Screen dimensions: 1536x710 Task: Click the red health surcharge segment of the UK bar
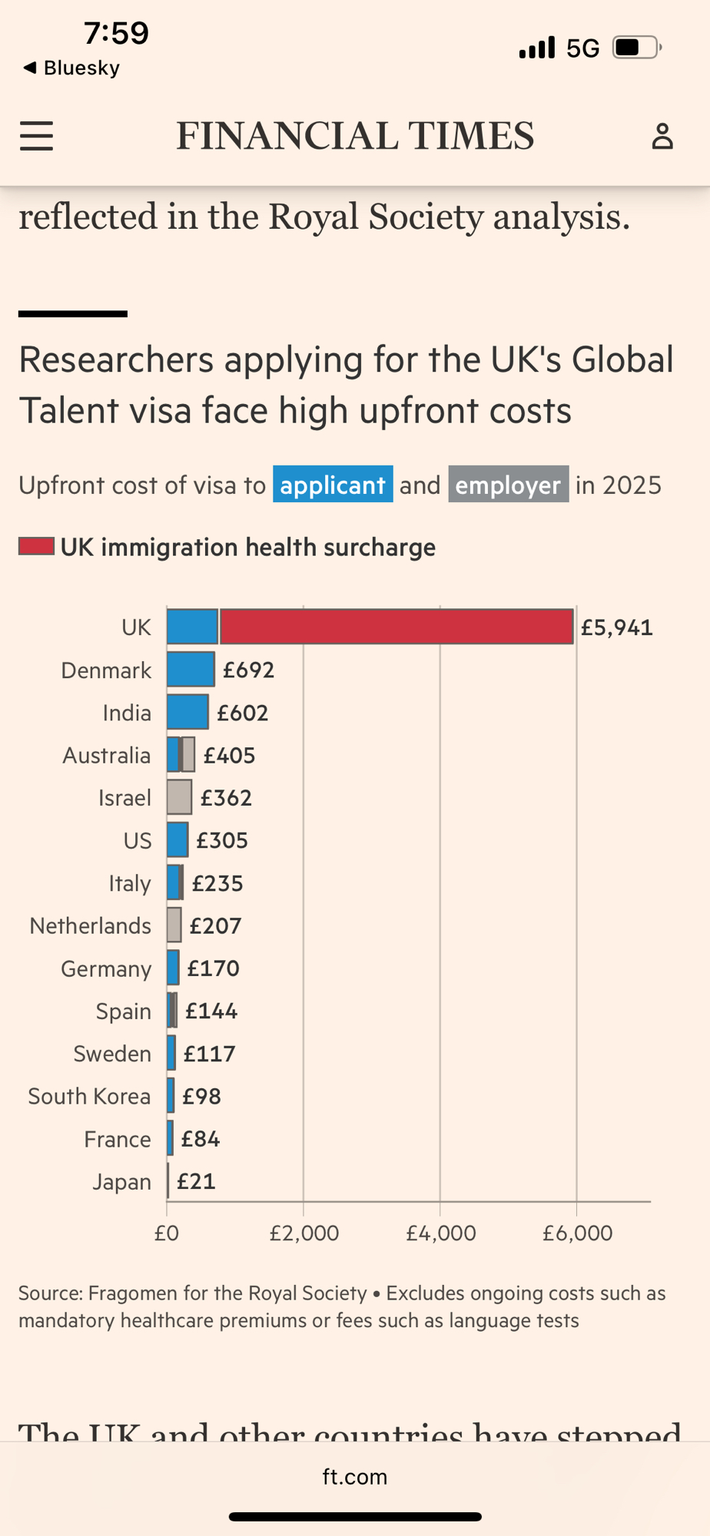coord(396,627)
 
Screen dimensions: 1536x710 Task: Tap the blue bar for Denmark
coord(191,670)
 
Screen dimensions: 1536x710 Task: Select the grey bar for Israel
coord(179,797)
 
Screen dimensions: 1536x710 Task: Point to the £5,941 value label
coord(616,628)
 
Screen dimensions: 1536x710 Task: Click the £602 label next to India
coord(242,713)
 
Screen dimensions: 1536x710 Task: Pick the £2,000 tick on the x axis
coord(304,1233)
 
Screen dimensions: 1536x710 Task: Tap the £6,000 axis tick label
coord(577,1233)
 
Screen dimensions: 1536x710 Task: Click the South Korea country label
coord(89,1097)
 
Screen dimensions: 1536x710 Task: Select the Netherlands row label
coord(90,926)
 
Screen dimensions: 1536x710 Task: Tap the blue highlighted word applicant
coord(333,485)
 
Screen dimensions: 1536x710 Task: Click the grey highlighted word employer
coord(508,485)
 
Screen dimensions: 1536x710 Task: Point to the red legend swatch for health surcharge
coord(36,547)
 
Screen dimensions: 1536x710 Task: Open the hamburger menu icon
coord(36,136)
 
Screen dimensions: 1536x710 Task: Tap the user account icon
coord(662,136)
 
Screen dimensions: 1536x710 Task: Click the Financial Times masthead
coord(355,136)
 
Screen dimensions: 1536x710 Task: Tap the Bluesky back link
coord(72,68)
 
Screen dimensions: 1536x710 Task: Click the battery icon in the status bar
coord(636,48)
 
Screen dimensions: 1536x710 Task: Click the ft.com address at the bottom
coord(355,1477)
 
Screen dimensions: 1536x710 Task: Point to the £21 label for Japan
coord(196,1181)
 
